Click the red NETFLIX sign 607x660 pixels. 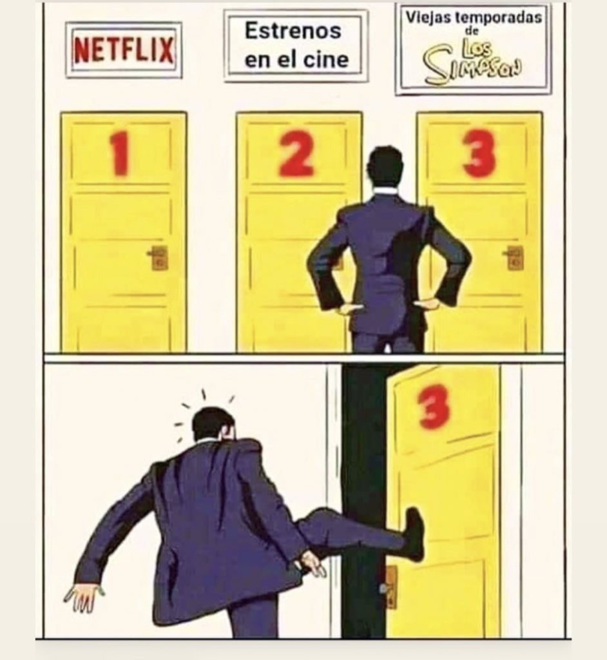[123, 50]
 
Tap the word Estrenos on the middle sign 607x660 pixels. [293, 31]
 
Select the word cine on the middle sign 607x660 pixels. [326, 59]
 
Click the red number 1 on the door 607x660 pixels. [120, 153]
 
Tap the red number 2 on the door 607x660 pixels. [297, 153]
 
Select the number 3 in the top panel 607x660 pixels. [479, 153]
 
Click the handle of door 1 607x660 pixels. [159, 257]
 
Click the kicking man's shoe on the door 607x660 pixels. [414, 534]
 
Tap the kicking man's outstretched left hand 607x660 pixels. [84, 596]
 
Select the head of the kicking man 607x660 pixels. [213, 425]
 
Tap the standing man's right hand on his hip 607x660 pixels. [427, 304]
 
